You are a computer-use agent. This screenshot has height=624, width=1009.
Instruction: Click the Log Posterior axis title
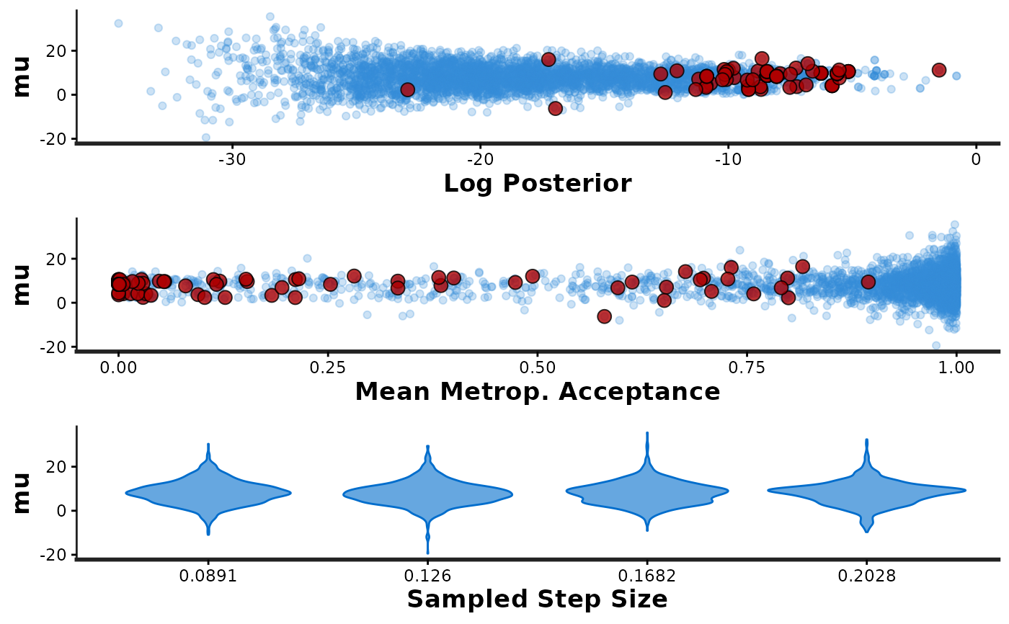[537, 183]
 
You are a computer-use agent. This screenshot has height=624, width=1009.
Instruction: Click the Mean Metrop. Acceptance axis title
[537, 391]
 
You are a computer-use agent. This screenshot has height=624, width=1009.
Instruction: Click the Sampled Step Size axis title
[537, 599]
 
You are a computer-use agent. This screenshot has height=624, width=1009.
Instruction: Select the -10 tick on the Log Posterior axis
[728, 159]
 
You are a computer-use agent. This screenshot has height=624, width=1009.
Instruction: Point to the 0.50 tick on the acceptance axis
[538, 367]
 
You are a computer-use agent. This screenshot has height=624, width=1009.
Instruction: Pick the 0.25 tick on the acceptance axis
[328, 367]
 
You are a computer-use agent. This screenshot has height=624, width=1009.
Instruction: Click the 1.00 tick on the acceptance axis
[956, 367]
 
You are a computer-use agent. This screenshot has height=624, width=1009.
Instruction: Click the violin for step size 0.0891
[208, 493]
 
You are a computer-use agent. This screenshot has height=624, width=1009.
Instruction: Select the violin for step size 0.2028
[866, 491]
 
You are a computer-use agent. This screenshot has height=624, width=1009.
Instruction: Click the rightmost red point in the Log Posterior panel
[938, 70]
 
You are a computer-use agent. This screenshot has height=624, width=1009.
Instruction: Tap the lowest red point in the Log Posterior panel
[555, 108]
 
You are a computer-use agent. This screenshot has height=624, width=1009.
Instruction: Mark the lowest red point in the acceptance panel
[604, 316]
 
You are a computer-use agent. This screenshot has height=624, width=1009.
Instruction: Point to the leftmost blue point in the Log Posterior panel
[118, 24]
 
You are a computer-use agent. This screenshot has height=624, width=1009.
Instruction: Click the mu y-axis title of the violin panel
[22, 492]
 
